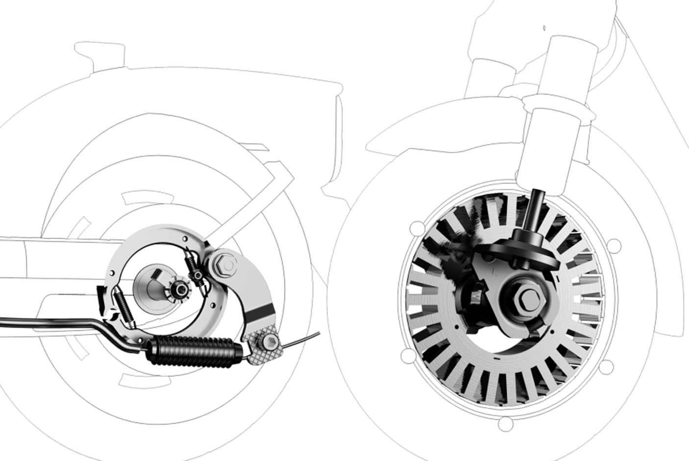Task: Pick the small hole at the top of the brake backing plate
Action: click(x=184, y=239)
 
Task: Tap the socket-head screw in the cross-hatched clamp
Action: click(x=268, y=342)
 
